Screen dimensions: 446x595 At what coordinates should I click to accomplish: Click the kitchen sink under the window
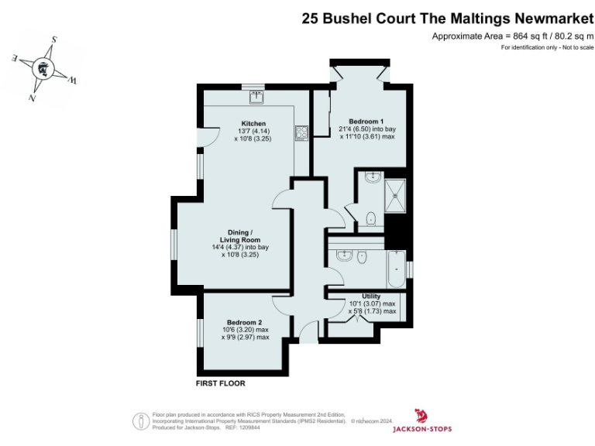(x=256, y=97)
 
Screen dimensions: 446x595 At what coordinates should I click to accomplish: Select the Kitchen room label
(x=253, y=123)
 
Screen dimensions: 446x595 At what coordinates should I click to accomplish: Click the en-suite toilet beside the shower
(x=371, y=218)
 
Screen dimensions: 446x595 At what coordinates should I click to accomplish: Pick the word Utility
(x=370, y=296)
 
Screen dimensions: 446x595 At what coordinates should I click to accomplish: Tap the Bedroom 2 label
(x=244, y=322)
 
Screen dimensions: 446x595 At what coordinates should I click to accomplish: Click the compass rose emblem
(x=44, y=68)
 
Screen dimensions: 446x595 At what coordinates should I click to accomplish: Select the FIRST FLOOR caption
(x=221, y=383)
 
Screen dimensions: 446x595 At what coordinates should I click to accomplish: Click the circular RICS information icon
(x=142, y=421)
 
